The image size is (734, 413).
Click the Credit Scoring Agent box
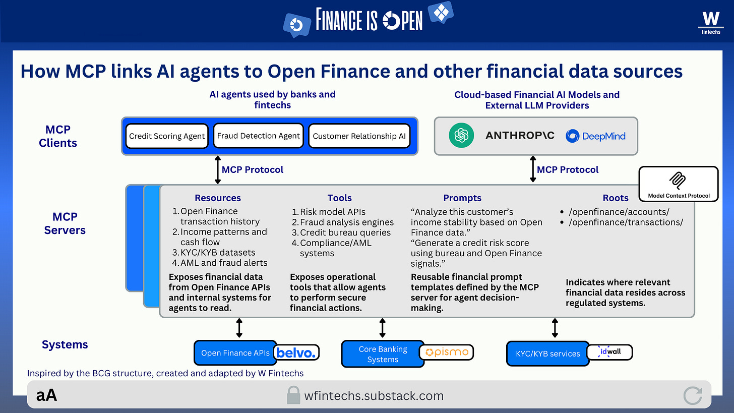pyautogui.click(x=167, y=136)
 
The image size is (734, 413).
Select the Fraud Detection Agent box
pyautogui.click(x=259, y=136)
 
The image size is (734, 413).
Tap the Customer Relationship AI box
pyautogui.click(x=359, y=136)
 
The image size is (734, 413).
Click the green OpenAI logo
pyautogui.click(x=461, y=136)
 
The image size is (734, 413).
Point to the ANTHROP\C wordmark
pyautogui.click(x=520, y=136)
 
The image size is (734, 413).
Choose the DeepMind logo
pyautogui.click(x=595, y=136)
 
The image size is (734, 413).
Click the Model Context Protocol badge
pyautogui.click(x=678, y=184)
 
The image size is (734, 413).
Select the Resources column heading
pyautogui.click(x=218, y=198)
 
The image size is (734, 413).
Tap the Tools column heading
pyautogui.click(x=339, y=198)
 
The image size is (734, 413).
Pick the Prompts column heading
pyautogui.click(x=462, y=198)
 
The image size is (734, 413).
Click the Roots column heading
pyautogui.click(x=616, y=198)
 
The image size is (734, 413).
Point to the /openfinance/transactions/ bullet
pyautogui.click(x=625, y=222)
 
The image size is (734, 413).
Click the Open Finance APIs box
pyautogui.click(x=235, y=353)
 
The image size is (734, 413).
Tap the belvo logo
pyautogui.click(x=296, y=352)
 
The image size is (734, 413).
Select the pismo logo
pyautogui.click(x=447, y=352)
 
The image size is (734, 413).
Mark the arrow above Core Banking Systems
pyautogui.click(x=382, y=328)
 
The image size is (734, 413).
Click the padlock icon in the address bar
pyautogui.click(x=293, y=395)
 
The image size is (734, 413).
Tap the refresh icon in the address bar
pyautogui.click(x=693, y=395)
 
